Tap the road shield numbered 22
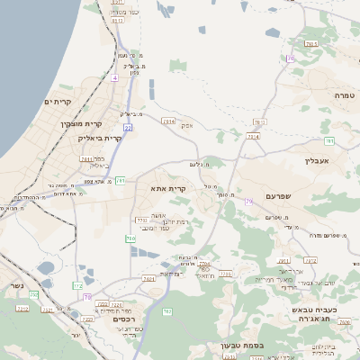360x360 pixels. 129,128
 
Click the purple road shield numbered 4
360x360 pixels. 115,78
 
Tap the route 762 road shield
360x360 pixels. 166,311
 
